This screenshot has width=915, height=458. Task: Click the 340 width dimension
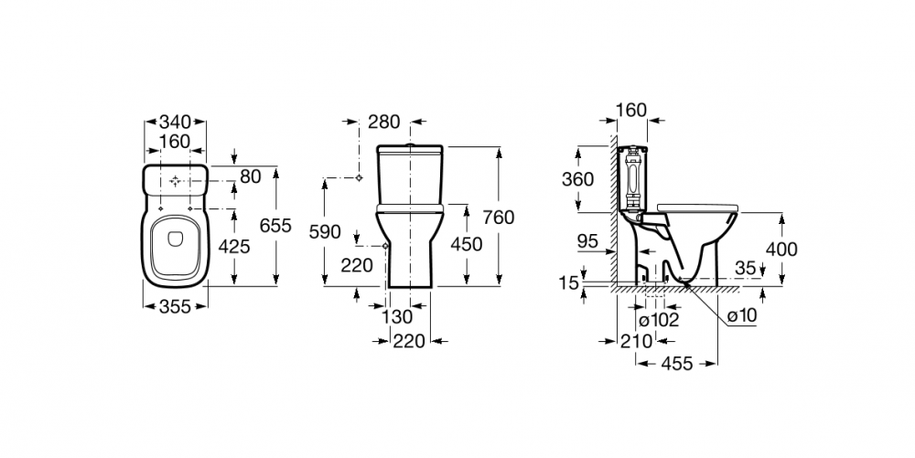click(x=175, y=122)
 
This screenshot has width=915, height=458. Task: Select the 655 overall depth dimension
click(x=275, y=226)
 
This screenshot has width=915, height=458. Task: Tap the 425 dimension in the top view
click(x=234, y=247)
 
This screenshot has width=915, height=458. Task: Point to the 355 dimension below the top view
click(x=175, y=306)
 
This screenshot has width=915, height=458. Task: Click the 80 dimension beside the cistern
click(x=251, y=176)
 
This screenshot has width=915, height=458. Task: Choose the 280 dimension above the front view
click(x=384, y=122)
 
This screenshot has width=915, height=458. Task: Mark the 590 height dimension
click(x=325, y=232)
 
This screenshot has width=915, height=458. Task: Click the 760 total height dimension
click(x=499, y=218)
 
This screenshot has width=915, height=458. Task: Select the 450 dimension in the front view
click(x=467, y=245)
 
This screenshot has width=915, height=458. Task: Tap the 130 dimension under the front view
click(x=397, y=317)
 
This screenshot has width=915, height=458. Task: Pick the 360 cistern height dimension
click(x=577, y=179)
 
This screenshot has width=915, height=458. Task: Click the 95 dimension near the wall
click(x=587, y=240)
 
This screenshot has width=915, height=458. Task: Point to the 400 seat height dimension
click(x=780, y=250)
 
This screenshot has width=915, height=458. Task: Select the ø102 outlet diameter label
click(x=658, y=320)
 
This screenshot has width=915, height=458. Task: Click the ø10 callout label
click(x=742, y=315)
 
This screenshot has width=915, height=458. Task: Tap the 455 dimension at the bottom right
click(x=677, y=364)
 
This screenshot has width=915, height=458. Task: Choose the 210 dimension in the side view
click(x=636, y=342)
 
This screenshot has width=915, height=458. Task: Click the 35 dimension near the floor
click(x=745, y=269)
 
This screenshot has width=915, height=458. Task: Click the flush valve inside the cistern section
click(x=632, y=177)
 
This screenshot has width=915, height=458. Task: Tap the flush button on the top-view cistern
click(x=175, y=182)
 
